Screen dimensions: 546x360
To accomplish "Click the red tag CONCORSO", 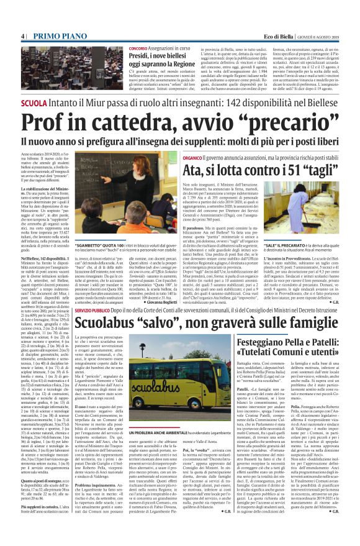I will point(138,48).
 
